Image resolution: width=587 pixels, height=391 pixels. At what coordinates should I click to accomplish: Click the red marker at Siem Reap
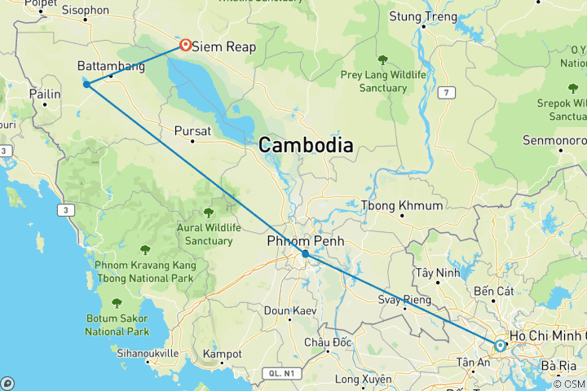(186, 46)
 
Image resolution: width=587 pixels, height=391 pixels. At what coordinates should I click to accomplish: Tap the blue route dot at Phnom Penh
(305, 254)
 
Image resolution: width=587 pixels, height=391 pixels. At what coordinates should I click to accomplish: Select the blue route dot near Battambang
(86, 84)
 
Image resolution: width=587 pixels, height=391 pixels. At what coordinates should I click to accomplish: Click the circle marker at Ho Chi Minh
(500, 345)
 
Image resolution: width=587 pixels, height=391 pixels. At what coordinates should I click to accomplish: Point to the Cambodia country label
(306, 146)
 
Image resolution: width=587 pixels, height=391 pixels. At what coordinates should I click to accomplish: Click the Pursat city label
(192, 130)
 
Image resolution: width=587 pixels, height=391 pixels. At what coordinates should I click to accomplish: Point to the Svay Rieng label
(404, 300)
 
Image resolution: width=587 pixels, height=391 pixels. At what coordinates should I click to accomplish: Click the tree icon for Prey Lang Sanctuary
(382, 59)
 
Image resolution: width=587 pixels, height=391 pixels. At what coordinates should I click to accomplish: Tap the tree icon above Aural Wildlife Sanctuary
(209, 213)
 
